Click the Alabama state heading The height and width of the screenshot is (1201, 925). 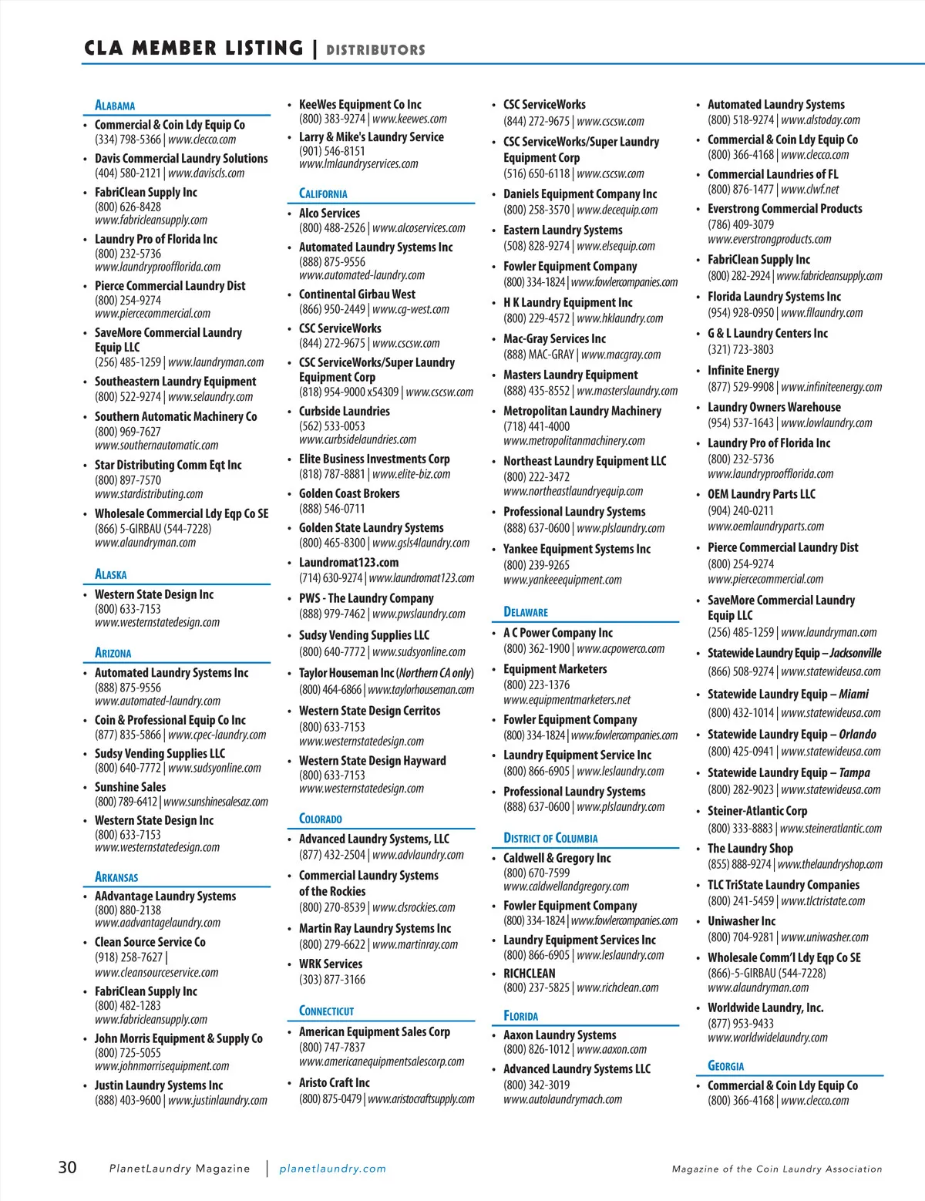point(115,106)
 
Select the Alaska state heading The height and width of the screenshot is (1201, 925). point(110,574)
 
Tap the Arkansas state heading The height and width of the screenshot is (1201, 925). point(116,876)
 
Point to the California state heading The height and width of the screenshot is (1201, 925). point(323,193)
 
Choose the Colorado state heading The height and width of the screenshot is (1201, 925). point(321,819)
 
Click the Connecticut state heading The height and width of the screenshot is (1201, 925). point(326,1011)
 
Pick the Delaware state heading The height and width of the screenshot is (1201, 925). point(526,612)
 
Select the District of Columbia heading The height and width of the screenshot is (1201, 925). point(550,838)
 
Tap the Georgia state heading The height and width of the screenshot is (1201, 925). point(725,1066)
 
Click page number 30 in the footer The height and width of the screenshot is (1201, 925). point(68,1167)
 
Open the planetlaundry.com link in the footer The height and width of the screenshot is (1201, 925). point(332,1169)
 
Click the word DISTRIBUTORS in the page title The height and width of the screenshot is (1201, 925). point(375,50)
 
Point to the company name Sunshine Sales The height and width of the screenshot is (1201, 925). point(130,787)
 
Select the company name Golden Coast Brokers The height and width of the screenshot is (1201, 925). point(349,493)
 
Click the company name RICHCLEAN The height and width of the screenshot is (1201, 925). point(529,974)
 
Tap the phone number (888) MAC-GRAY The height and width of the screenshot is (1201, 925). point(539,355)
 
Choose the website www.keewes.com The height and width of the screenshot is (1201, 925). point(409,119)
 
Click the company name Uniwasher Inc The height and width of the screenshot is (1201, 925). point(742,921)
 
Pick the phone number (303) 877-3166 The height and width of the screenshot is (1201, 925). point(332,980)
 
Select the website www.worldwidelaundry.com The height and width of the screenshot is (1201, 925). point(768,1038)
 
